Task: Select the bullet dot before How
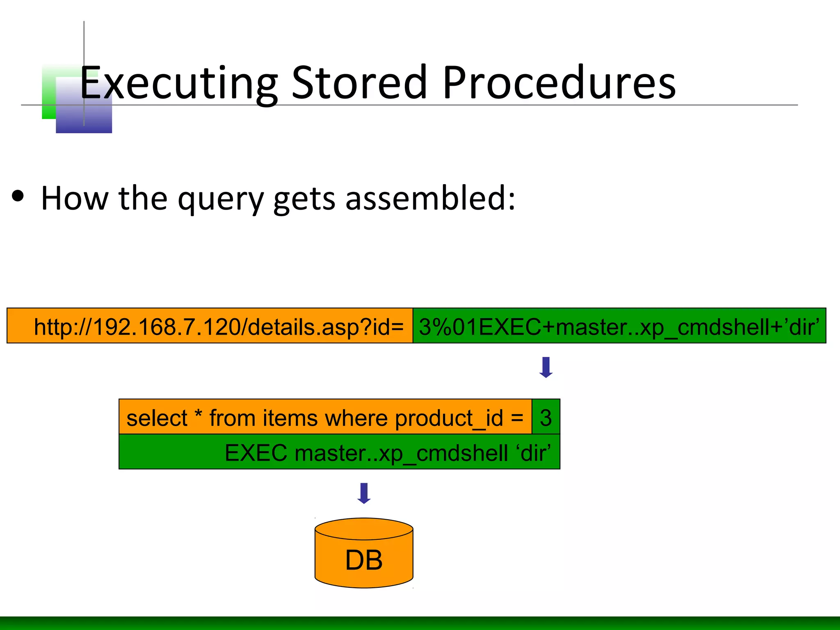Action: tap(18, 196)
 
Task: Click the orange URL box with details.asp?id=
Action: tap(210, 326)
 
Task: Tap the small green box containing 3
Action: tap(546, 417)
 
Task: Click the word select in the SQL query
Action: tap(157, 418)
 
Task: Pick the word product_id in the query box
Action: tap(449, 419)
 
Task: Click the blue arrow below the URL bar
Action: tap(546, 367)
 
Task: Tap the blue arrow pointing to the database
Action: tap(364, 493)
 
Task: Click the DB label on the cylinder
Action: tap(364, 560)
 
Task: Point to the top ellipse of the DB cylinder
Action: tap(364, 529)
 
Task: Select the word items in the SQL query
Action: tap(290, 418)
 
